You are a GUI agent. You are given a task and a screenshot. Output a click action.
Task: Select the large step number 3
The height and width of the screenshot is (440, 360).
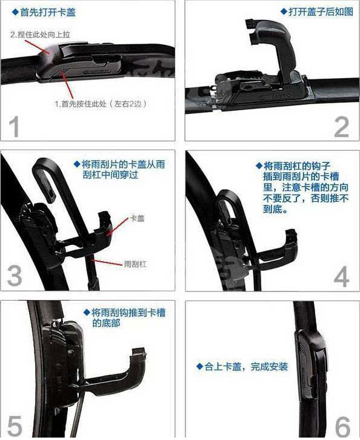[x=15, y=276]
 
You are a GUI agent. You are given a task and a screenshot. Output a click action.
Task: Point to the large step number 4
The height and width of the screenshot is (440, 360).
[x=341, y=277]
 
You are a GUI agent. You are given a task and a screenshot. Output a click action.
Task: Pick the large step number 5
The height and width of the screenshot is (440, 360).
[x=15, y=426]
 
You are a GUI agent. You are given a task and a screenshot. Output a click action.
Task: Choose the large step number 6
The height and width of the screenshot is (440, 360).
[x=342, y=427]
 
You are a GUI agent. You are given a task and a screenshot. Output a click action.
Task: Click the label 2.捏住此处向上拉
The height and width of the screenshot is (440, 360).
[x=40, y=35]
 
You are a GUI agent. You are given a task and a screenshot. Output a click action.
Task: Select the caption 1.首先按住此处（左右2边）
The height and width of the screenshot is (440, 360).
[x=101, y=104]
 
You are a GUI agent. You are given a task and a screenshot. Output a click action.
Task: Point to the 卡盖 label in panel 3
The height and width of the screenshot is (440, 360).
[x=137, y=218]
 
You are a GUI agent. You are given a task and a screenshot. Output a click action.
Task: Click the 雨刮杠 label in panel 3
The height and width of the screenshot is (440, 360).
[x=135, y=264]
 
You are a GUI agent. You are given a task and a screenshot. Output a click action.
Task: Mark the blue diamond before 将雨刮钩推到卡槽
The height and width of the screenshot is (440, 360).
[x=87, y=312]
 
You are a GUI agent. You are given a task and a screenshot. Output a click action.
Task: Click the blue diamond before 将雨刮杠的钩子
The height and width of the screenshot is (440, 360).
[x=259, y=165]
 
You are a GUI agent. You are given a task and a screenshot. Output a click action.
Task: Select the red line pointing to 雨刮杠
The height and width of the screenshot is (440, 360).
[x=107, y=262]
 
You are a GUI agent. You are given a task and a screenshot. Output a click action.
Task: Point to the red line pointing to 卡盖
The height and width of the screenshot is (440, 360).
[x=117, y=226]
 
